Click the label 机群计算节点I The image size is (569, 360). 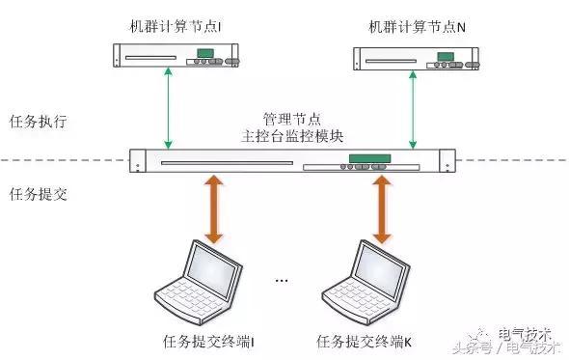(176, 26)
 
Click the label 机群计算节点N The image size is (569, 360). (417, 27)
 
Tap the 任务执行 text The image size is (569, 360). (39, 121)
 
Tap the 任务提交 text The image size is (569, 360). (39, 194)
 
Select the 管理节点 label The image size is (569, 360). (292, 119)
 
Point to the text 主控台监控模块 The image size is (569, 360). (292, 136)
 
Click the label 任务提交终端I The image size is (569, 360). (208, 342)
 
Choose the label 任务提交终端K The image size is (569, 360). (364, 342)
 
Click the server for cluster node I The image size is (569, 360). (176, 55)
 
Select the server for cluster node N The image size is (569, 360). (417, 59)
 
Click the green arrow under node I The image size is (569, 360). (168, 108)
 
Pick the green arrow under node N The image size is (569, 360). (413, 110)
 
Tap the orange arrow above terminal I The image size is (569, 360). (214, 209)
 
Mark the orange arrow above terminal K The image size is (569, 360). (382, 209)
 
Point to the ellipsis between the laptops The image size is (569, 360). (282, 280)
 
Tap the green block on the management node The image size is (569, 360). (369, 158)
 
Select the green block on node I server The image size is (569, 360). (205, 53)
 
